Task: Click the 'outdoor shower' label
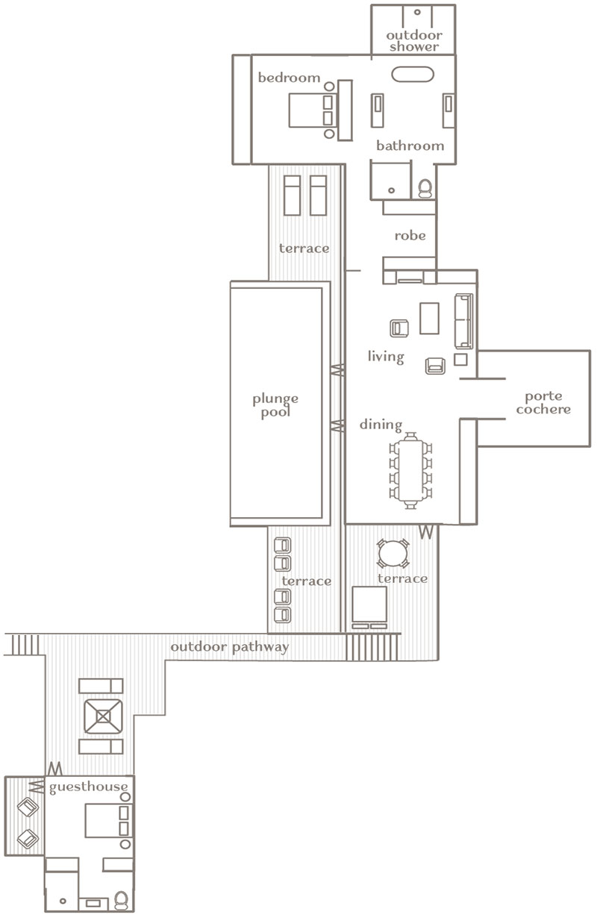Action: coord(414,40)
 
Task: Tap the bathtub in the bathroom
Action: coord(412,74)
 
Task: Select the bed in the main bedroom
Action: coord(313,110)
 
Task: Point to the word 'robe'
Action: coord(410,236)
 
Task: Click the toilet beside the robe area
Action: coord(425,188)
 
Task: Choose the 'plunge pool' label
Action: coord(275,405)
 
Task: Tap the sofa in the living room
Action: coord(463,321)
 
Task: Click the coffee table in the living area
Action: coord(429,319)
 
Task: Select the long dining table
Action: coord(410,470)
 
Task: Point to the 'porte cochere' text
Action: coord(543,402)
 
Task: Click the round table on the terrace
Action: coord(393,553)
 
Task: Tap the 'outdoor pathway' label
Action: coord(229,647)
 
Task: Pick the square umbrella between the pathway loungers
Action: coord(103,716)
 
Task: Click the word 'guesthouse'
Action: coord(89,787)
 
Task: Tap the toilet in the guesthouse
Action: coord(122,901)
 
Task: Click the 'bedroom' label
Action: coord(289,78)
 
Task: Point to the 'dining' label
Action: coord(381,425)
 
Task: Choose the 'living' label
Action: coord(386,357)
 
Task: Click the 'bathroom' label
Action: coord(410,146)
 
